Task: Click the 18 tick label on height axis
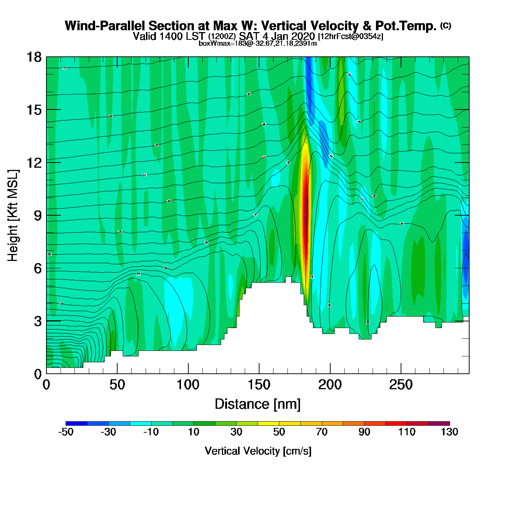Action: click(34, 57)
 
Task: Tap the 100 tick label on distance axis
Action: click(188, 385)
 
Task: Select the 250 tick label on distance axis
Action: click(401, 385)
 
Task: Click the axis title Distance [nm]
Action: click(258, 404)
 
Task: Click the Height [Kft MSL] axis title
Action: click(13, 216)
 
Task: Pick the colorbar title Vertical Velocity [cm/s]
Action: click(258, 451)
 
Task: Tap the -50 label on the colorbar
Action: click(66, 432)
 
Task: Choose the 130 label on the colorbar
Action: click(449, 432)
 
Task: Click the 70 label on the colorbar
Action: click(322, 432)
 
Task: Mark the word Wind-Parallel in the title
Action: click(105, 26)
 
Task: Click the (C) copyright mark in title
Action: click(446, 25)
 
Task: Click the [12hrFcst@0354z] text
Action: click(351, 36)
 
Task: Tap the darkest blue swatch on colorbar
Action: click(77, 423)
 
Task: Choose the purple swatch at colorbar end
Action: click(439, 423)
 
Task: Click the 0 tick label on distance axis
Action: click(46, 385)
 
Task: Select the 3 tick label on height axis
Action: click(38, 321)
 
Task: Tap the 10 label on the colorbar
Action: click(193, 432)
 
